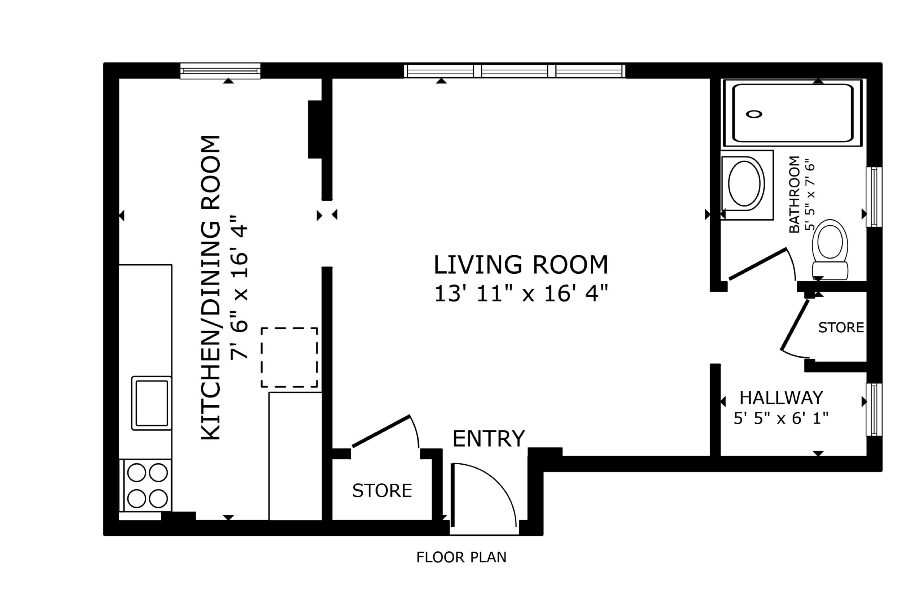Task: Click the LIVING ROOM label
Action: [521, 265]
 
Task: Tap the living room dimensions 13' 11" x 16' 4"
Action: [521, 294]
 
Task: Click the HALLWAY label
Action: [782, 398]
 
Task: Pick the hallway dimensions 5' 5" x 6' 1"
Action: [781, 418]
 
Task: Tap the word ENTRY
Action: [489, 438]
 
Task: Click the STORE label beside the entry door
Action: [382, 490]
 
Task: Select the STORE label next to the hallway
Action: [841, 327]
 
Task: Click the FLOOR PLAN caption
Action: [461, 558]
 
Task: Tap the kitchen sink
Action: [152, 403]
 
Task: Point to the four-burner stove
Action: [147, 486]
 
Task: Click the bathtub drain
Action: [754, 114]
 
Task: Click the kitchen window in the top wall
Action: [220, 71]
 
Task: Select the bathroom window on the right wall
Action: [874, 197]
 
